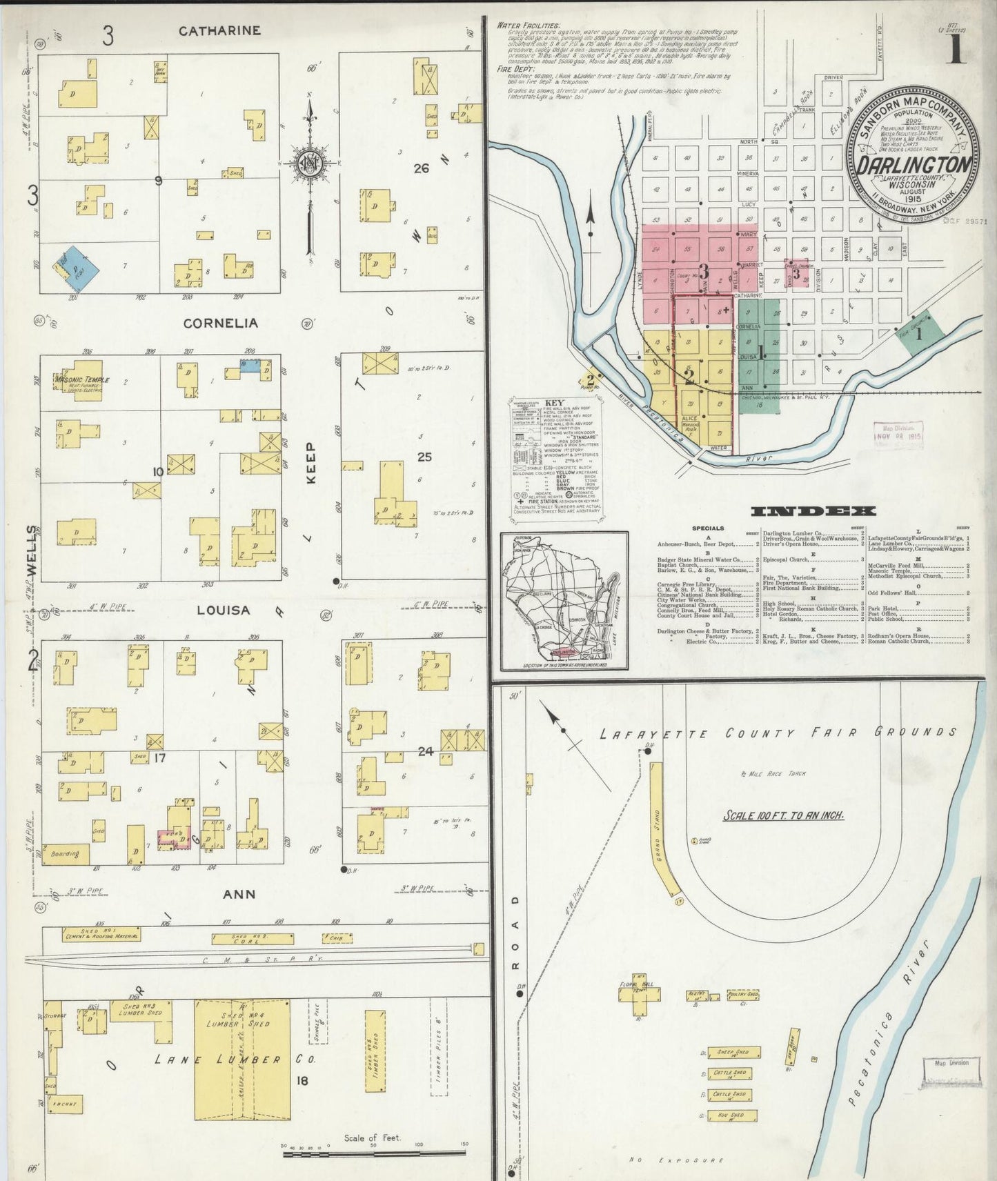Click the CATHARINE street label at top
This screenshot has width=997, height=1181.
click(x=219, y=31)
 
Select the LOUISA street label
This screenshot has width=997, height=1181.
click(x=223, y=611)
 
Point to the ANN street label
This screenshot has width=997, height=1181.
click(x=239, y=894)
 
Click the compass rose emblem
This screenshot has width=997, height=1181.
click(x=310, y=164)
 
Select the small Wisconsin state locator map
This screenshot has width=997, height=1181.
click(x=564, y=601)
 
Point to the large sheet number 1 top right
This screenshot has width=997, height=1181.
click(x=955, y=48)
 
